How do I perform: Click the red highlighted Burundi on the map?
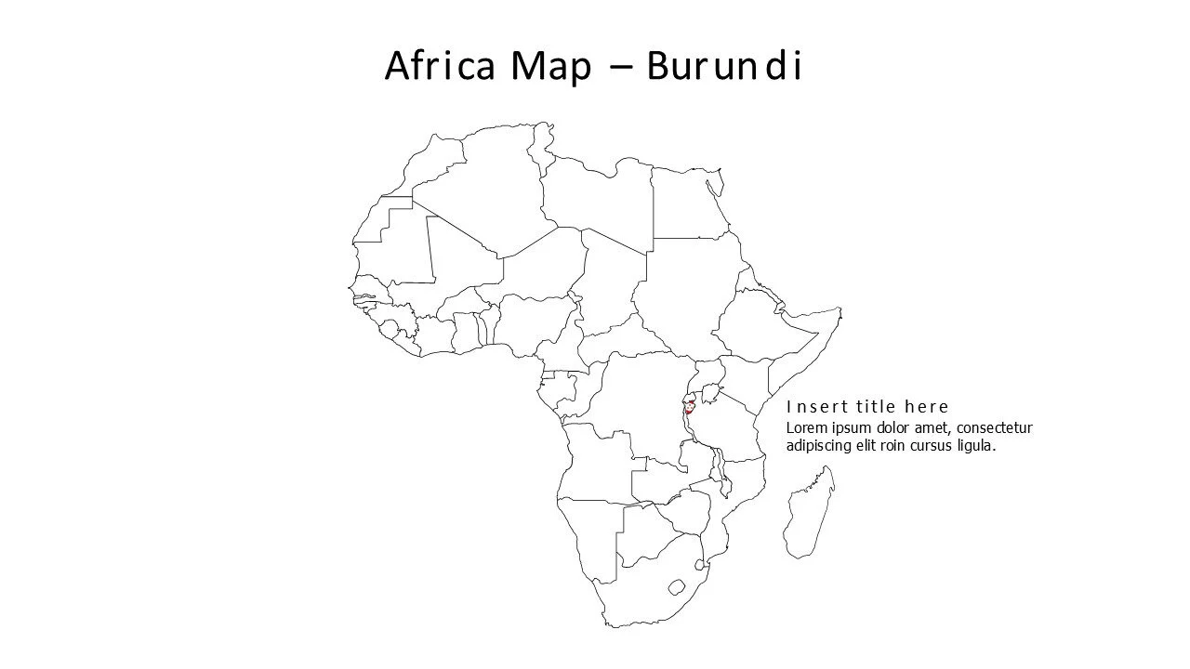[689, 408]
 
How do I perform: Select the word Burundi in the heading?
[723, 66]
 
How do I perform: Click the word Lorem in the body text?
[807, 428]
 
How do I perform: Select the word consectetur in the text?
[993, 428]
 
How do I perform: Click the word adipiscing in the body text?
[822, 446]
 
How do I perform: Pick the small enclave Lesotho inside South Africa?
[677, 587]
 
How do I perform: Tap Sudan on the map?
[688, 279]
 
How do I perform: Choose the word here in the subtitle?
[927, 407]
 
